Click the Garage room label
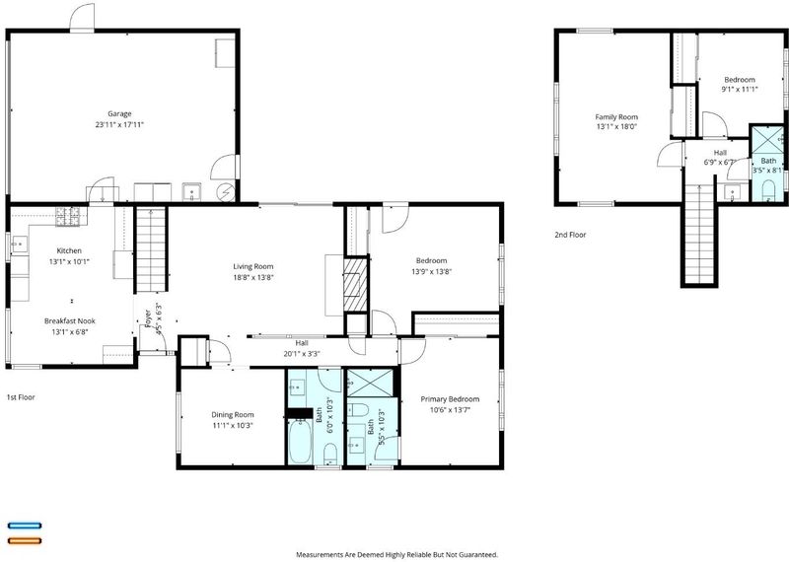pos(119,113)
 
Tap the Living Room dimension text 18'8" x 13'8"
pos(253,277)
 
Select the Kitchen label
pos(69,250)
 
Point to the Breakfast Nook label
pos(69,321)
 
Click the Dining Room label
pos(233,415)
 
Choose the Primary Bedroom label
pos(450,399)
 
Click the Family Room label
pos(616,117)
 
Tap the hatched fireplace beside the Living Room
pos(356,285)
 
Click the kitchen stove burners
pos(67,216)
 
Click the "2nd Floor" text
pos(570,235)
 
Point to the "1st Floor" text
pos(21,397)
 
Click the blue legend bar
pos(25,526)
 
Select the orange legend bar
pos(25,541)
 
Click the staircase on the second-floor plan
pos(699,234)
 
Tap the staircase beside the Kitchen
pos(151,250)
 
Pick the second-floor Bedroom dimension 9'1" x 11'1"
pos(739,90)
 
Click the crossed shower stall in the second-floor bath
pos(767,138)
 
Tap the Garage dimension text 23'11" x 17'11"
pos(119,125)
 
